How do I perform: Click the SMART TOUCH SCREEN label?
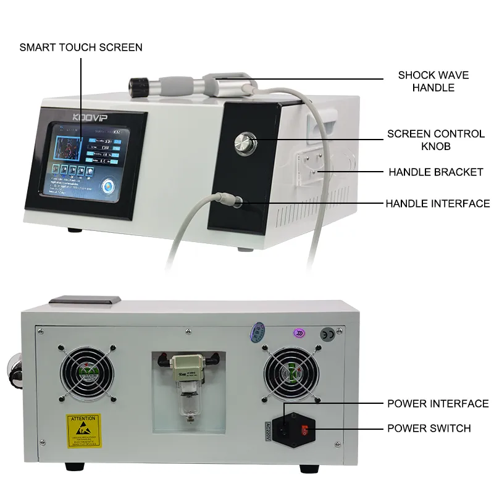(81, 47)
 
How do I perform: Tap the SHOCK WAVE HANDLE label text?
(433, 82)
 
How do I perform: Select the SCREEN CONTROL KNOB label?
(435, 140)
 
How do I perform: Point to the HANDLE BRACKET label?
(435, 172)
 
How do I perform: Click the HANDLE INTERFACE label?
(437, 203)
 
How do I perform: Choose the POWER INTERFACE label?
(437, 404)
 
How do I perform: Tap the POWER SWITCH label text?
(429, 428)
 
